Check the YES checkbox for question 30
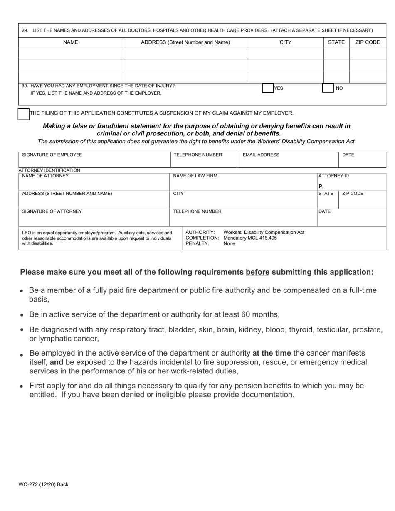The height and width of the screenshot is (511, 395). [x=267, y=88]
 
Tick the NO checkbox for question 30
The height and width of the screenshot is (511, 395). [x=328, y=88]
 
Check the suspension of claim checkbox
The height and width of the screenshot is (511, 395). [x=24, y=114]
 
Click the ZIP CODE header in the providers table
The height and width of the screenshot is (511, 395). [x=368, y=42]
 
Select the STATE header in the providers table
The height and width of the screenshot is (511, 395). [x=336, y=42]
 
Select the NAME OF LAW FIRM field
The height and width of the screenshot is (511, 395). [x=243, y=182]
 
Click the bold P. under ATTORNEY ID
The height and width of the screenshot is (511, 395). [x=321, y=187]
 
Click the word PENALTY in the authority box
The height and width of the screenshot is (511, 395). [x=197, y=244]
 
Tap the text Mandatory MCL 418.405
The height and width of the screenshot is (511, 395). [x=250, y=238]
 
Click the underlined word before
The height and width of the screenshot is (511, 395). [x=257, y=272]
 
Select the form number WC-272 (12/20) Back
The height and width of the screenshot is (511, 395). [x=43, y=484]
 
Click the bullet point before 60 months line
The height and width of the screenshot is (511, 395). [x=22, y=315]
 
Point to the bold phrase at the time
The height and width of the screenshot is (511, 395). [x=272, y=353]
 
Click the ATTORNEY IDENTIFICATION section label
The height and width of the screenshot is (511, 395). [x=49, y=170]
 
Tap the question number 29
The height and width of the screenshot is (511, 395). [x=25, y=30]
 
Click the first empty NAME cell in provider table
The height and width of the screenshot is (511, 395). [x=71, y=54]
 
